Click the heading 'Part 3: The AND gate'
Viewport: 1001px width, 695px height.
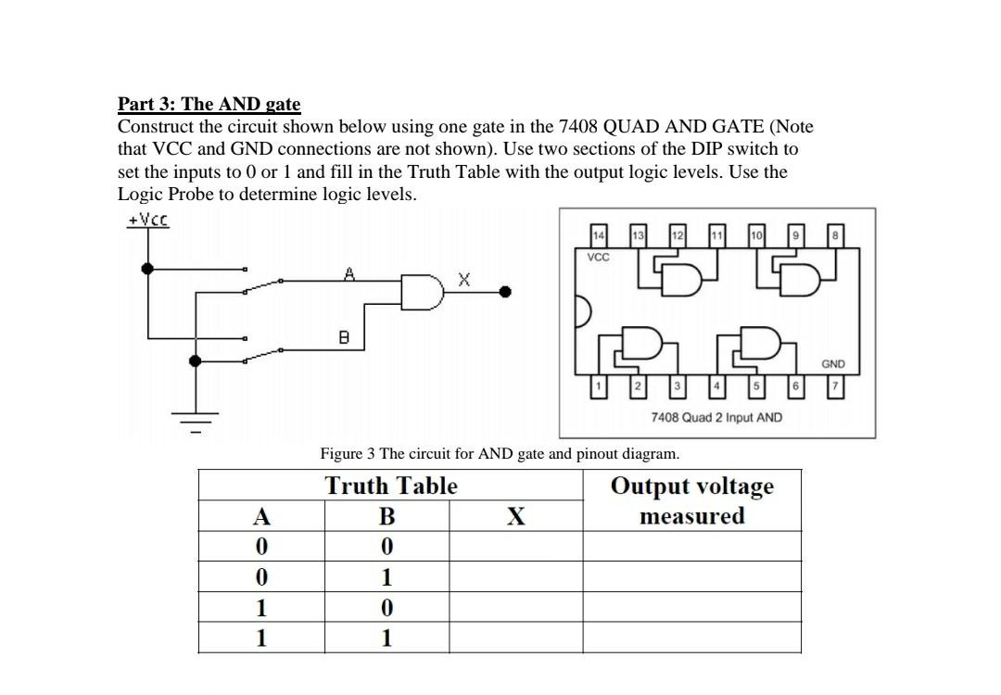click(209, 104)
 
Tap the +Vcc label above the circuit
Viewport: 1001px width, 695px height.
click(147, 221)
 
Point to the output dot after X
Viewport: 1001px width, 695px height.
click(505, 292)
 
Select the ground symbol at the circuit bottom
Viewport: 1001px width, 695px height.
click(195, 419)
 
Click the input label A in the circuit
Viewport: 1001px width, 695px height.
click(349, 273)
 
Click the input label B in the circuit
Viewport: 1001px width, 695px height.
click(343, 338)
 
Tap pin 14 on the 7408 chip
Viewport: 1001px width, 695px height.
click(599, 237)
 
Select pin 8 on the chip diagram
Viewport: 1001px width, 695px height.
click(836, 237)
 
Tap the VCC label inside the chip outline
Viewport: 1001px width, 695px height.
click(599, 257)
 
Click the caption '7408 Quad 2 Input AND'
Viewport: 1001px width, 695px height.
click(716, 418)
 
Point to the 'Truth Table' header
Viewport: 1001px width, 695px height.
click(391, 486)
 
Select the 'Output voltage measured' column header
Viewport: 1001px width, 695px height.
click(691, 500)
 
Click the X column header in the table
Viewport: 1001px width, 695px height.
click(515, 516)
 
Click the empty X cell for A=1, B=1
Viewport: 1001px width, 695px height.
click(515, 638)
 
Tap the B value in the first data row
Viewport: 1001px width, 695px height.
click(387, 547)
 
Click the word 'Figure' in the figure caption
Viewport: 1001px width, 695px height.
click(341, 454)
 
